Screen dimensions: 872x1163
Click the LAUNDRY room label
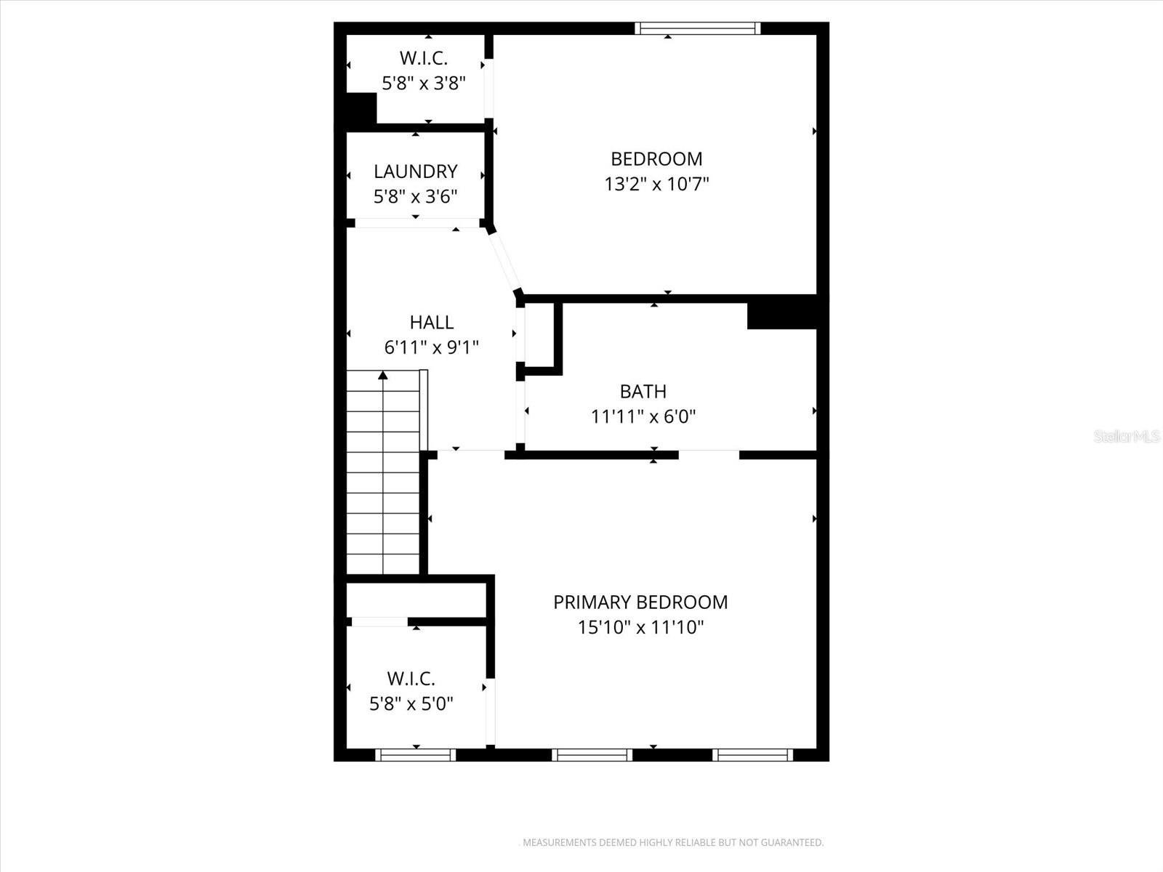tap(415, 171)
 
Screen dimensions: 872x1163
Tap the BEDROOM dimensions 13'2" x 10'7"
tap(656, 184)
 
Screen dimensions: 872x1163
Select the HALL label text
tap(431, 322)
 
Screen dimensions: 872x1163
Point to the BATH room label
tap(643, 392)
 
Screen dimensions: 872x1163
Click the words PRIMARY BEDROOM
tap(640, 602)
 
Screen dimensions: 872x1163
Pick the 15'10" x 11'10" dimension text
tap(640, 627)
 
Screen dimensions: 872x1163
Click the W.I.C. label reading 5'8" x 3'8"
tap(424, 83)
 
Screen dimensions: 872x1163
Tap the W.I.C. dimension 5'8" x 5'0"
tap(411, 703)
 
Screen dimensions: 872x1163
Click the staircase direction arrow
tap(383, 376)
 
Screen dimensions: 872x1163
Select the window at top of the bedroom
tap(697, 28)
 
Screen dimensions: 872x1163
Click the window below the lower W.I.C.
tap(416, 755)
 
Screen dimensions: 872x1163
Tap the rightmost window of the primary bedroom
tap(752, 755)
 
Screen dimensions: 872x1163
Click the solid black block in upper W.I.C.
tap(361, 108)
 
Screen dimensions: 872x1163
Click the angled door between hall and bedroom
tap(504, 261)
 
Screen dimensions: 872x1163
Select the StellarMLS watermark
tap(1127, 436)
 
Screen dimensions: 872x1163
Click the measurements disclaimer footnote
tap(673, 843)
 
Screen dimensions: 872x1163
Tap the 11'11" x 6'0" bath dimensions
tap(643, 417)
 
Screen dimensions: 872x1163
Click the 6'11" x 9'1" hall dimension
tap(431, 347)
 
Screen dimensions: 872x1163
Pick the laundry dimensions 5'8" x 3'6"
tap(415, 196)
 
